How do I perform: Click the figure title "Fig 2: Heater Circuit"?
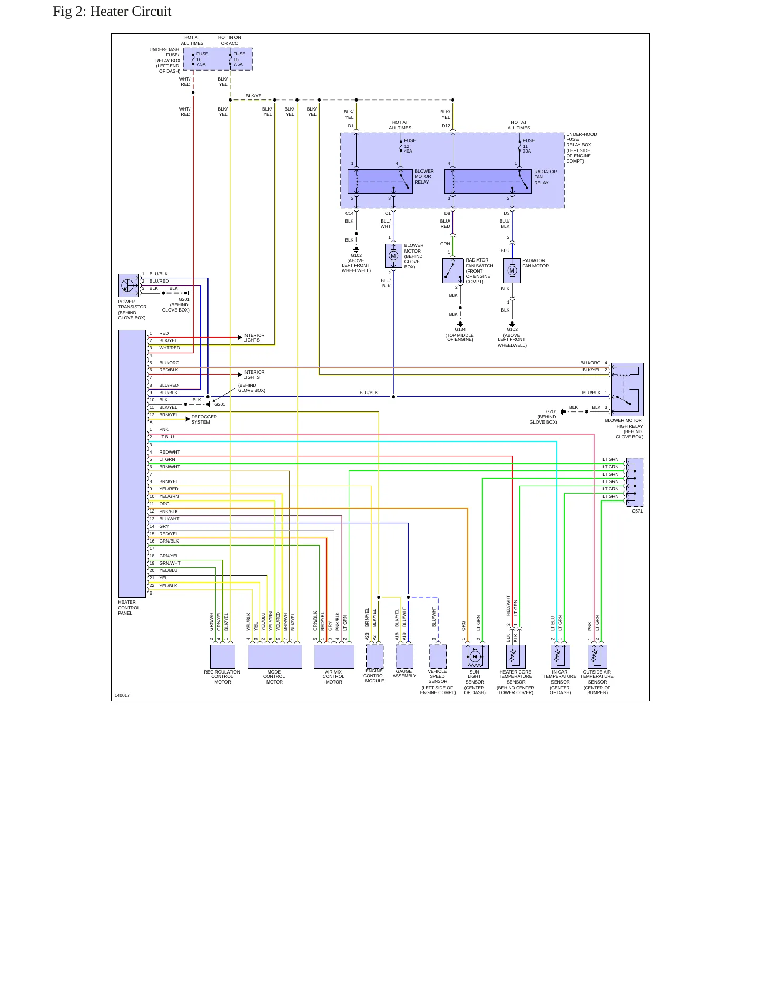coord(112,12)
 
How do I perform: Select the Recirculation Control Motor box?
coord(223,657)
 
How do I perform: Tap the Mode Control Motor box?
coord(274,657)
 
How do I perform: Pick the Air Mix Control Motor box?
coord(334,657)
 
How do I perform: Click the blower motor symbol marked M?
coord(393,256)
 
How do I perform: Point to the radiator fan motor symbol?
coord(512,271)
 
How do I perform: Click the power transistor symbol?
coord(129,286)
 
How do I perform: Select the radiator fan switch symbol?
coord(453,271)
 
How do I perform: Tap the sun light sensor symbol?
coord(475,657)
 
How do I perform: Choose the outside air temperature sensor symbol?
coord(597,657)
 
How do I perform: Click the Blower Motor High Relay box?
coord(627,389)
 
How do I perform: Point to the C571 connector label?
coord(637,511)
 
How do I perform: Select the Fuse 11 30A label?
coord(529,146)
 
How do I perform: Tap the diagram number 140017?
coord(122,695)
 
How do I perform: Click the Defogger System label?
coord(204,419)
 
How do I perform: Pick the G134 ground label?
coord(460,329)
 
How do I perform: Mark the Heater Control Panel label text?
coord(129,608)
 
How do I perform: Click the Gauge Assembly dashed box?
coord(404,657)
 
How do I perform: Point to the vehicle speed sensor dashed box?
coord(438,657)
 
